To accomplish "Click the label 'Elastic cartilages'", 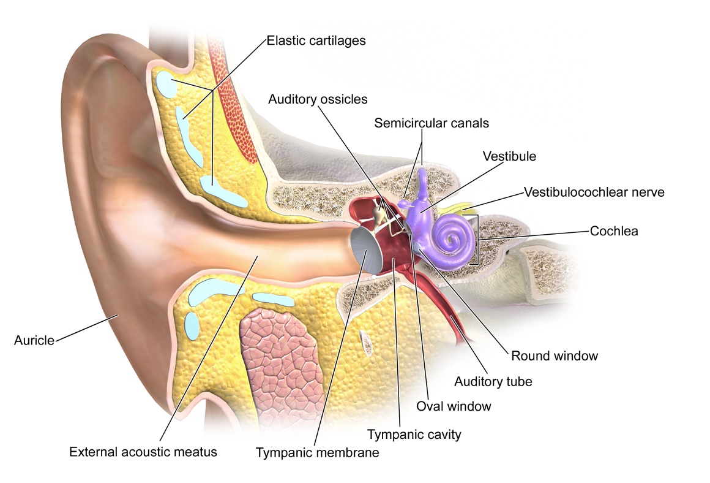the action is tap(316, 41).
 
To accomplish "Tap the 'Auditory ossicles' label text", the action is tap(318, 99).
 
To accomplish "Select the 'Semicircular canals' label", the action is tap(432, 123).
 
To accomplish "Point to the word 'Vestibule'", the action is tap(509, 156).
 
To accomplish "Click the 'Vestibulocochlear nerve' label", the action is tap(594, 192).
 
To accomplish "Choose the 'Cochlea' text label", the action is tap(614, 231).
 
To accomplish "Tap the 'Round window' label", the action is tap(555, 356).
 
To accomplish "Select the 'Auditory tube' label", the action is tap(493, 381).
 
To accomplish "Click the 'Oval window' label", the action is tap(454, 406).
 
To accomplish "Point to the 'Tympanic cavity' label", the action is tap(414, 435).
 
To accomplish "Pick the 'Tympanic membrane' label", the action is tap(318, 452).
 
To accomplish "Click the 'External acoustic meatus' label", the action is tap(143, 452).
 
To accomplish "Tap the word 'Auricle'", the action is tap(34, 340).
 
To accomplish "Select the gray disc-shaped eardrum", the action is tap(367, 249).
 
